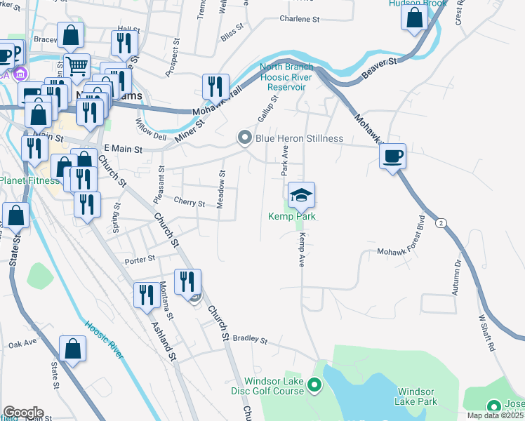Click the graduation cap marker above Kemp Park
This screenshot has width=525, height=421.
click(x=301, y=195)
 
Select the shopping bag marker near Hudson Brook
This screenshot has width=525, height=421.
click(x=415, y=18)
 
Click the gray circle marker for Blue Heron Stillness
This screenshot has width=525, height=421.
click(x=245, y=138)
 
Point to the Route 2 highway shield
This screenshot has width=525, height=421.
click(x=441, y=223)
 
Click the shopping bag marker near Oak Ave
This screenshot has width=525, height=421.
click(x=73, y=349)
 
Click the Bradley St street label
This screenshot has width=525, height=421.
click(x=251, y=340)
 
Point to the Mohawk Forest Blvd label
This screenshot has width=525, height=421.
click(x=423, y=229)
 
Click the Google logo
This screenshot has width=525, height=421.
click(x=23, y=413)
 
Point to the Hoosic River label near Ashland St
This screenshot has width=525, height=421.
click(x=104, y=340)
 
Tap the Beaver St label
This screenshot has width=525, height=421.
click(x=380, y=69)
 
